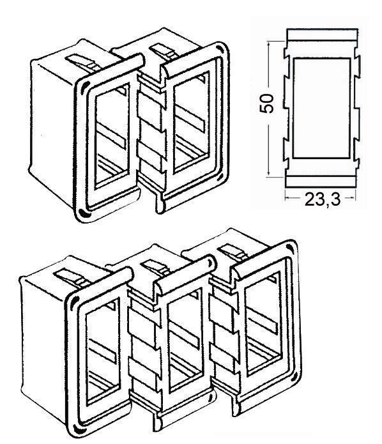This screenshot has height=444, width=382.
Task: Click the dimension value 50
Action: click(x=267, y=103)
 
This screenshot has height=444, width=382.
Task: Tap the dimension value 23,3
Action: click(x=322, y=199)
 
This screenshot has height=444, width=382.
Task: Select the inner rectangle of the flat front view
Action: click(x=322, y=108)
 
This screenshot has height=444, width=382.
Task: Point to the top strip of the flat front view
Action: click(x=322, y=34)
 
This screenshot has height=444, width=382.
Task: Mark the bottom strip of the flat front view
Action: click(x=322, y=181)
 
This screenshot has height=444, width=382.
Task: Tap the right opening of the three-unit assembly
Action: click(x=264, y=323)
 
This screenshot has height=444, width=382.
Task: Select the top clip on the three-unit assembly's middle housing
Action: click(x=155, y=267)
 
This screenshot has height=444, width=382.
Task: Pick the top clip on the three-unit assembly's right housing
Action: click(x=234, y=252)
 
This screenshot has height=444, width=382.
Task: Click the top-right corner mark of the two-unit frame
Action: click(x=219, y=48)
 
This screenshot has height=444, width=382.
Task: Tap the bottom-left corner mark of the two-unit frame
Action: click(x=82, y=212)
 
